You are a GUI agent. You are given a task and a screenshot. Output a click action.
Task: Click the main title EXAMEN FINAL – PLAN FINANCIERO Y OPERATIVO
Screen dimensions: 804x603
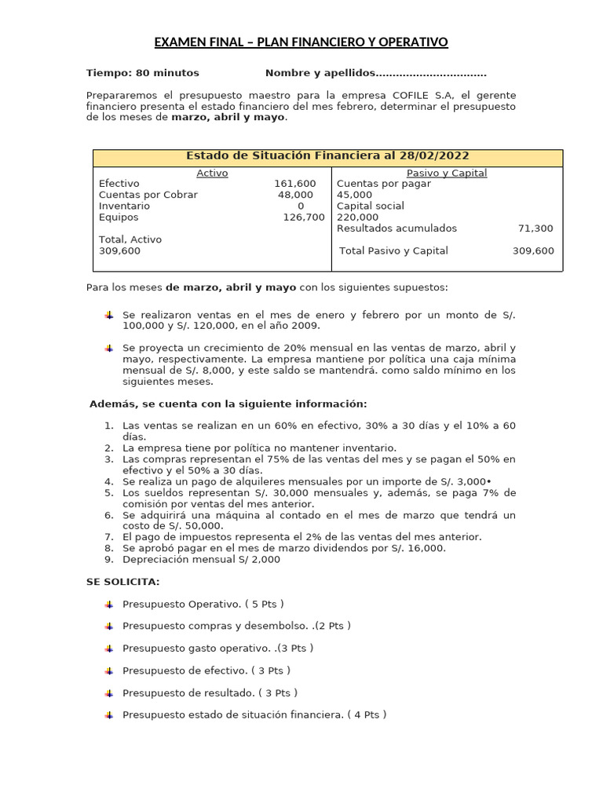(x=301, y=42)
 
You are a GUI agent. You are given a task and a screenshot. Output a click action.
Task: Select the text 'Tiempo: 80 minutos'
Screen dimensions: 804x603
(x=143, y=73)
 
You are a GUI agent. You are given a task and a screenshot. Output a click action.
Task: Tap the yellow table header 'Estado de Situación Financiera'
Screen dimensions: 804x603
(x=327, y=157)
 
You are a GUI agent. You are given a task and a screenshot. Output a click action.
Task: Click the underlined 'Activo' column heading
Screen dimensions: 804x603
(x=212, y=173)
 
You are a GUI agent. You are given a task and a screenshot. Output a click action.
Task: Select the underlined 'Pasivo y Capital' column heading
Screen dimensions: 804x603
(x=447, y=173)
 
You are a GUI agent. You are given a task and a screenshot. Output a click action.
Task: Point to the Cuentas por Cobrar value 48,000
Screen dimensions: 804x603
(x=295, y=195)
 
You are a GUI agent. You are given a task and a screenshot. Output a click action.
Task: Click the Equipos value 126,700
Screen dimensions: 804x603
(x=303, y=217)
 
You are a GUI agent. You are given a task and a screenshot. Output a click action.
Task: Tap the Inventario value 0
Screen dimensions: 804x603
(x=300, y=206)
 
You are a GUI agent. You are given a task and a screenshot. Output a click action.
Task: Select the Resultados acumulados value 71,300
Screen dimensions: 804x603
(x=535, y=228)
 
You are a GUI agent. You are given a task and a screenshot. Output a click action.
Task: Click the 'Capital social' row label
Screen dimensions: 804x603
(x=371, y=206)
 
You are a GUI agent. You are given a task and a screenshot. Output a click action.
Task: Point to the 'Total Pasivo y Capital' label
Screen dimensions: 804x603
(x=393, y=250)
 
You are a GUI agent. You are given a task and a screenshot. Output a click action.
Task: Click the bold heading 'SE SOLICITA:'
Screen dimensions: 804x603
(x=122, y=582)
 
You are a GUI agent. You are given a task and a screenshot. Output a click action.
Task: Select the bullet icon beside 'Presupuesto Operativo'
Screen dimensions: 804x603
(x=108, y=604)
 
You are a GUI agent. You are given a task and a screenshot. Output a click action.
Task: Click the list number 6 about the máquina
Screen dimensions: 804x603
(x=109, y=515)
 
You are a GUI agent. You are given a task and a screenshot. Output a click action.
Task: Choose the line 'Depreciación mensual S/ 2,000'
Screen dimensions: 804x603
(x=201, y=560)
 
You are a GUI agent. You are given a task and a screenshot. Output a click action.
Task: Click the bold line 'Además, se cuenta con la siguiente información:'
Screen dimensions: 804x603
(x=228, y=404)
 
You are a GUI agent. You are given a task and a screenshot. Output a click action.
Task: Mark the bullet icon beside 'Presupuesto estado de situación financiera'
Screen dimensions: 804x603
(x=108, y=715)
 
